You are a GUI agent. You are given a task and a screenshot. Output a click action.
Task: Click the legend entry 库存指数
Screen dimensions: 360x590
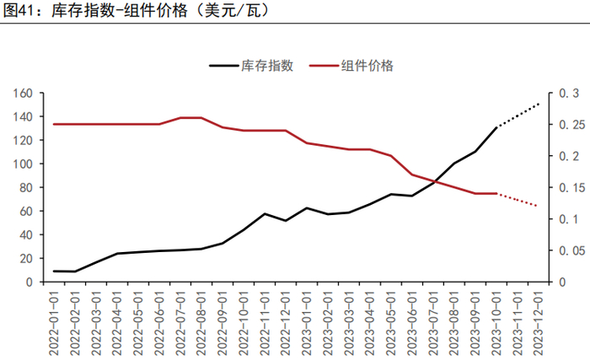[266, 65]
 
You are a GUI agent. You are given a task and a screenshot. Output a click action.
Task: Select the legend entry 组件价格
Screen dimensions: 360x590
[367, 65]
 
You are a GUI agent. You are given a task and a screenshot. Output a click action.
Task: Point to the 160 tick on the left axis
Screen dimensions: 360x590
[23, 93]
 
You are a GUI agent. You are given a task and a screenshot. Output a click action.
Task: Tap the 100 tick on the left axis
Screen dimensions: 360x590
[23, 164]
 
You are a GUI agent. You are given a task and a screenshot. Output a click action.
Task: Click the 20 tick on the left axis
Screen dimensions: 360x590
[26, 258]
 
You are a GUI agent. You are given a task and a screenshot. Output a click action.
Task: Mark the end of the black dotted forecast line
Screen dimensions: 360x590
[539, 103]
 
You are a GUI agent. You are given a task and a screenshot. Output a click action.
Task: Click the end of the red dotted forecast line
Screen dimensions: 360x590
[539, 207]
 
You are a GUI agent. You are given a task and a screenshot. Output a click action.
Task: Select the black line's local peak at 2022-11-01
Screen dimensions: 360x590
[265, 213]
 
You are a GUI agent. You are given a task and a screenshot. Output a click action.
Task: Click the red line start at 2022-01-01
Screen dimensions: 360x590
[55, 124]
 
